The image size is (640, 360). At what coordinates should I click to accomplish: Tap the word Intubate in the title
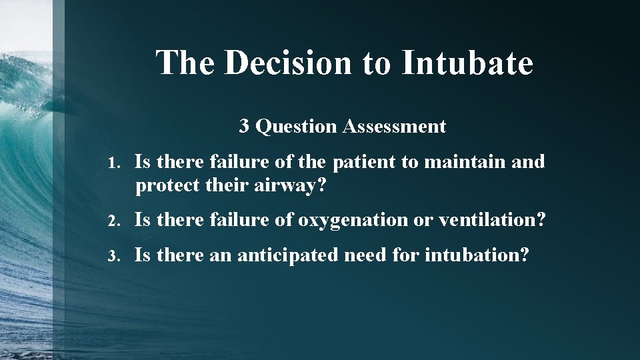tap(467, 63)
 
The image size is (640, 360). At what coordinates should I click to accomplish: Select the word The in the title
tap(185, 63)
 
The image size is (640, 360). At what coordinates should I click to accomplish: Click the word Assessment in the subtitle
tap(394, 126)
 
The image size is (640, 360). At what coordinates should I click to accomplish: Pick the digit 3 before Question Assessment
tap(244, 126)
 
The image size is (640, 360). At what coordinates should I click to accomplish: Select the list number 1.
tap(115, 163)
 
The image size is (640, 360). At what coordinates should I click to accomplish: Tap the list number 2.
tap(115, 221)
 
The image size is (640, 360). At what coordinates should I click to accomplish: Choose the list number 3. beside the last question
tap(115, 255)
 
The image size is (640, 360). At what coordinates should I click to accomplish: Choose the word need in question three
tap(367, 255)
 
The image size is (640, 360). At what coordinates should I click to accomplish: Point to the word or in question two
tap(423, 221)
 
